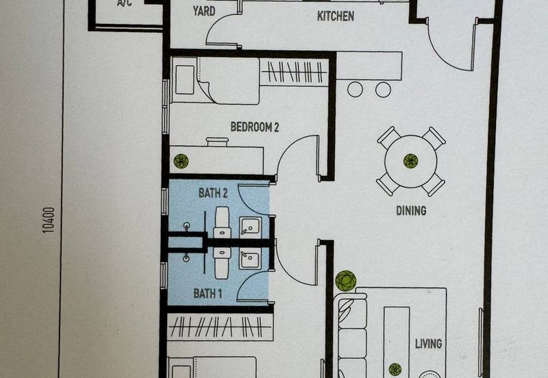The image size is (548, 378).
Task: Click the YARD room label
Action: [204, 11]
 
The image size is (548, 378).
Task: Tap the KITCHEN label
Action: [336, 16]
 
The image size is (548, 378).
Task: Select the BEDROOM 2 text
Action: [255, 127]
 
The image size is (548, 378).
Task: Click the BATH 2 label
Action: [213, 193]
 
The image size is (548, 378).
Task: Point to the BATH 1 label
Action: [208, 294]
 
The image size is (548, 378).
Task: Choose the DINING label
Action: [411, 210]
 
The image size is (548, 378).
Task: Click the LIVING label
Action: [429, 344]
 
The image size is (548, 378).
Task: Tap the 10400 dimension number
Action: [48, 220]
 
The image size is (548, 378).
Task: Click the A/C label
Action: [125, 3]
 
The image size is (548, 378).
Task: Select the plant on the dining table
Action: [410, 161]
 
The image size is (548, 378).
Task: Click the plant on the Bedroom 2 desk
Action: [181, 161]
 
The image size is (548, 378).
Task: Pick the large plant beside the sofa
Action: [346, 281]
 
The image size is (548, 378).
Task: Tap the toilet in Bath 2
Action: [221, 222]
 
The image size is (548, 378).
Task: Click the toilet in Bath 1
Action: [222, 263]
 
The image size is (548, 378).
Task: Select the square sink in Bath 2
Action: [250, 227]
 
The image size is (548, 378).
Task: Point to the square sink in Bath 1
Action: [249, 260]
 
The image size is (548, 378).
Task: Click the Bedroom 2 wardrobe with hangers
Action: [295, 72]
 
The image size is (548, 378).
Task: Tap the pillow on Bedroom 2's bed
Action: [185, 79]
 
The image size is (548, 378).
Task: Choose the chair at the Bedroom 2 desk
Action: [217, 142]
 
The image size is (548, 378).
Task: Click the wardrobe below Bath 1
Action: [220, 327]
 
